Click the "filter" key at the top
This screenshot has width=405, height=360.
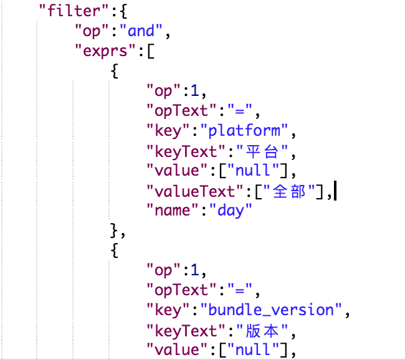74,11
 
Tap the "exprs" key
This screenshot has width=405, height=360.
105,51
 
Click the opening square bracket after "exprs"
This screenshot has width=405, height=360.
151,51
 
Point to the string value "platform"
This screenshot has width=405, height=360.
244,130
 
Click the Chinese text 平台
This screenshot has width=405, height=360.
262,151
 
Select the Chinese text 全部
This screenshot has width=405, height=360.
289,191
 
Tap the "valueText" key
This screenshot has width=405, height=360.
195,191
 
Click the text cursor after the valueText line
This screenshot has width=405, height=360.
335,191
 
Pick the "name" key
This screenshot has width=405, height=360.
173,211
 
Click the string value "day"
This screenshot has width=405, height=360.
231,211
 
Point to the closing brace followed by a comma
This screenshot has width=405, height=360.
118,230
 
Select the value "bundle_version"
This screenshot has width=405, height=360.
271,310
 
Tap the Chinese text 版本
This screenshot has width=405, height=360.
262,331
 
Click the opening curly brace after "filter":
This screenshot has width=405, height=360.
124,11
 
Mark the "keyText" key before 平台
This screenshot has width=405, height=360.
186,151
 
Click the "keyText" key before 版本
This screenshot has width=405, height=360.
186,331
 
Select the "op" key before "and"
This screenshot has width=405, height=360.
92,31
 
